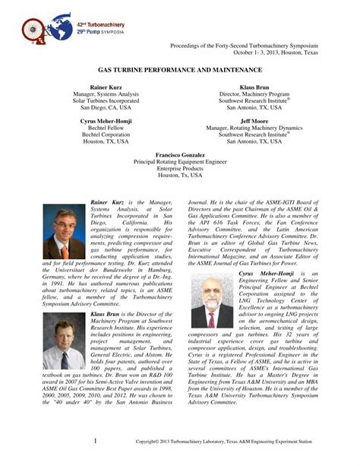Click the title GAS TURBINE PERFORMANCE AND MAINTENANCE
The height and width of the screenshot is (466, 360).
coord(180,69)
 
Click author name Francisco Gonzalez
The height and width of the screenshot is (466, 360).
coord(180,155)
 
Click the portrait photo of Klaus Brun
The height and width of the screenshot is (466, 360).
coord(64,341)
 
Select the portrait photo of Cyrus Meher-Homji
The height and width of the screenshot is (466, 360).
coord(213,301)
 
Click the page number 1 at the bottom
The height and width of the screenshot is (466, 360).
coord(95,440)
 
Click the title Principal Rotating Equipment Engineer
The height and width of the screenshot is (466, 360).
coord(180,162)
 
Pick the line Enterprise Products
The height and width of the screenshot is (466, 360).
coord(180,169)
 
